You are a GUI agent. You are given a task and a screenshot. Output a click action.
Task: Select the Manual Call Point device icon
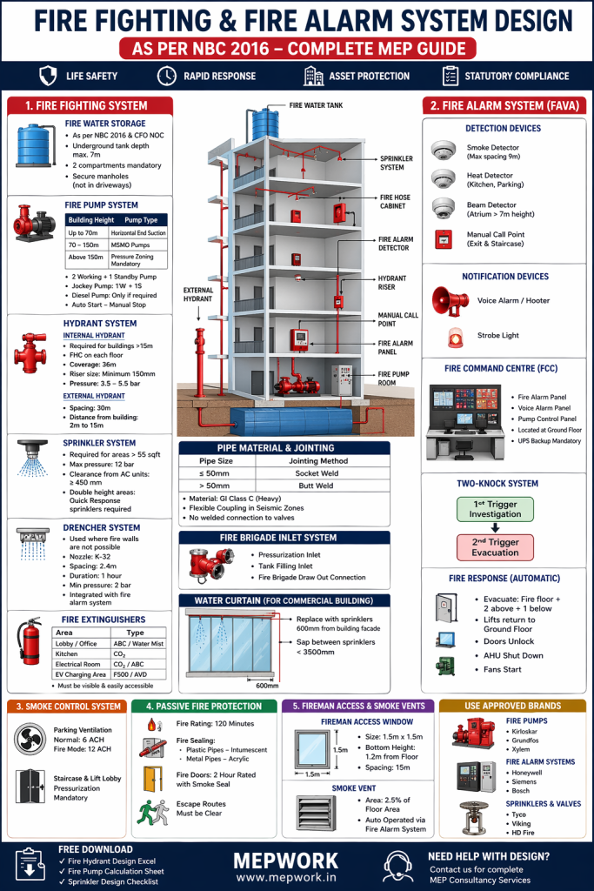tap(444, 240)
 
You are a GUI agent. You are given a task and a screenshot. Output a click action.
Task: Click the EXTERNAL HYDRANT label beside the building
tap(199, 295)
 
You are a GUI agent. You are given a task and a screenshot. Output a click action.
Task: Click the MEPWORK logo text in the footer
tap(297, 858)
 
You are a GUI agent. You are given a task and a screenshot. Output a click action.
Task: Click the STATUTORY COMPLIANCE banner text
tap(516, 76)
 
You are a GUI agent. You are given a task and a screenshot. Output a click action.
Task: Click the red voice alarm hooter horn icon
tap(451, 300)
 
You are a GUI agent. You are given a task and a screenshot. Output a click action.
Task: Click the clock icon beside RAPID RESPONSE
tap(165, 76)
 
